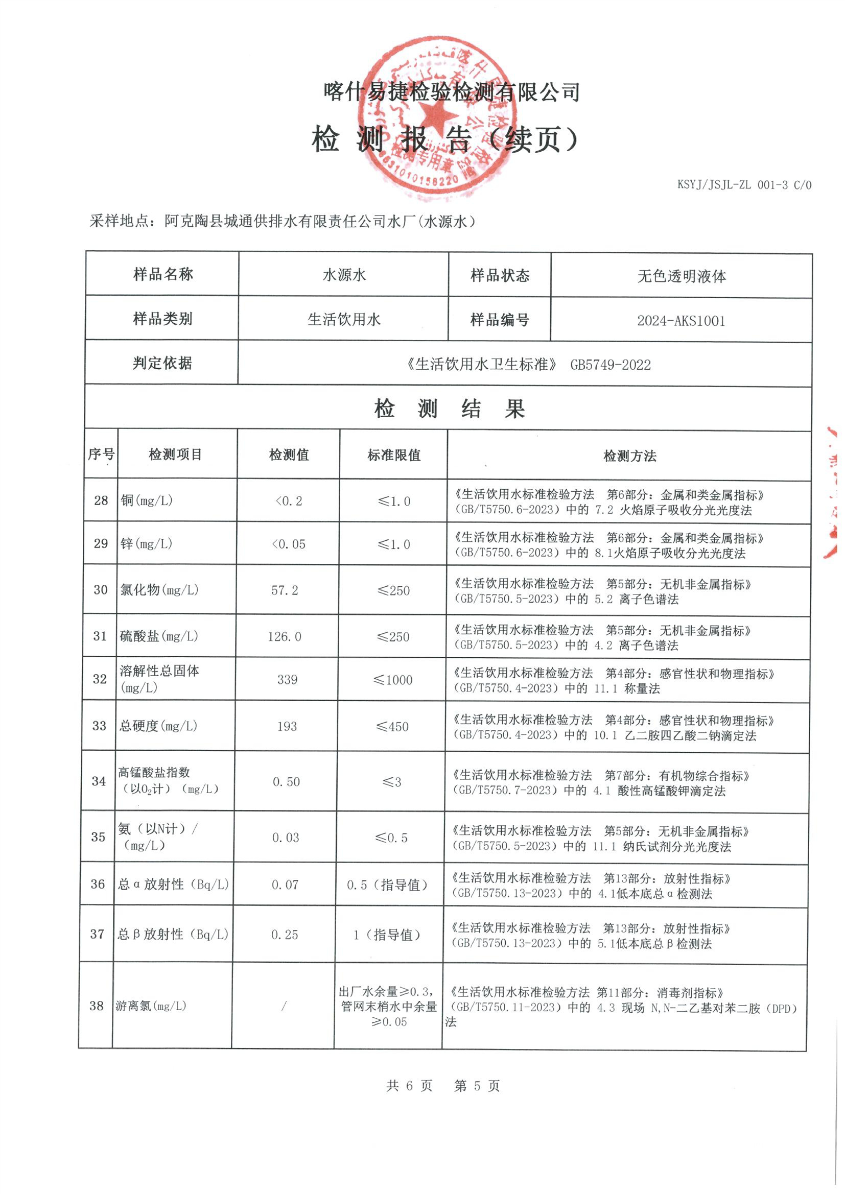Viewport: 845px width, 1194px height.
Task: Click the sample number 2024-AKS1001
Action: click(680, 320)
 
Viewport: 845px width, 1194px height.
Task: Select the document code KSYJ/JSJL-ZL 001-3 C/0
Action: click(743, 184)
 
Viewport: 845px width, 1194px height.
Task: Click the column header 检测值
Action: click(289, 455)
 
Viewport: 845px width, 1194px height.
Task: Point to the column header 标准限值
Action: click(394, 455)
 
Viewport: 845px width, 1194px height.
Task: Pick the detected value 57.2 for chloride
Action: click(285, 590)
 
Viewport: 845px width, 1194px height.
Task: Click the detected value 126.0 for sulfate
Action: click(284, 636)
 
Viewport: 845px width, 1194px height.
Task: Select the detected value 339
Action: click(287, 680)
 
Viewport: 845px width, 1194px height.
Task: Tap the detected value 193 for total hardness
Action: click(287, 727)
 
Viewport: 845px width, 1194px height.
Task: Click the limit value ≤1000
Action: click(393, 680)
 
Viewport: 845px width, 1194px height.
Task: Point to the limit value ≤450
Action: click(392, 727)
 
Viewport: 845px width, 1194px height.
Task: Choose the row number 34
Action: click(99, 781)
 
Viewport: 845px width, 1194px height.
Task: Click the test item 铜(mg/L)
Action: click(147, 500)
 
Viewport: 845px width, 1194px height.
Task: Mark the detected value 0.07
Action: click(285, 885)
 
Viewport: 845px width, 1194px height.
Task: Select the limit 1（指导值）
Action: click(386, 935)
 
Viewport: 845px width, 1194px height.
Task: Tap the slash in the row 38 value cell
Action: click(284, 1006)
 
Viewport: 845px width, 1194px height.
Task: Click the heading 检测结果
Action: click(449, 409)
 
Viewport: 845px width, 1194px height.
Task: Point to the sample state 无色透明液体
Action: click(682, 276)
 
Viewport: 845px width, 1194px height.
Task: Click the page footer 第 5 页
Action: click(477, 1086)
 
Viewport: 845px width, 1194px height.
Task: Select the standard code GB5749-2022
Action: click(611, 365)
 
